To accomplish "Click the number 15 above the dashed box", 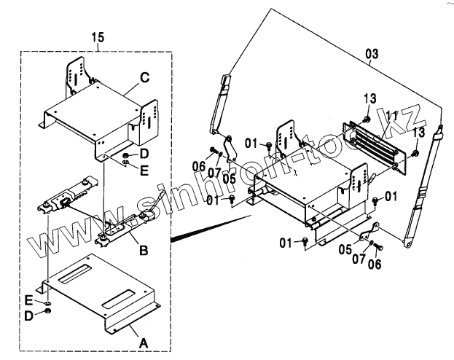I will [99, 36].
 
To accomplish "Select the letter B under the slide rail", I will [144, 251].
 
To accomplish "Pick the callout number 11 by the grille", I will [391, 114].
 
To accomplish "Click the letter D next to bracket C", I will [144, 154].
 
